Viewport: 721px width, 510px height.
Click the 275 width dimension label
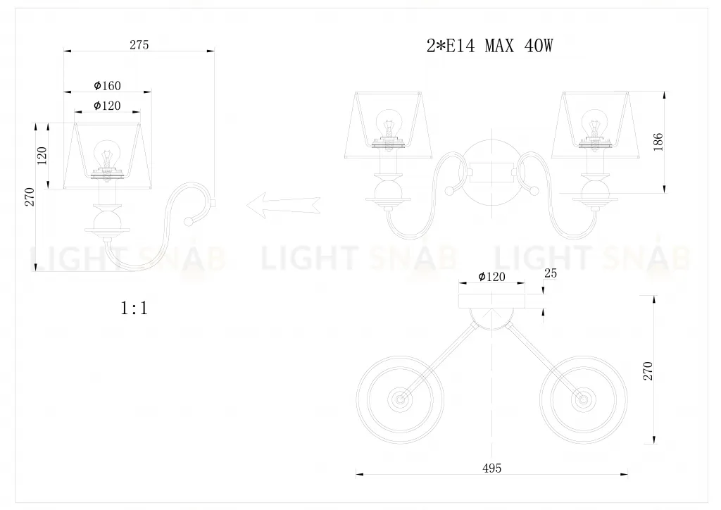tap(139, 45)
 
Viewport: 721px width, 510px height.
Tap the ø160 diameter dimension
tap(107, 86)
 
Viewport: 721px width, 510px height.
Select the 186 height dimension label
tap(658, 142)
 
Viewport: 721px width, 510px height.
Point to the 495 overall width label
tap(493, 468)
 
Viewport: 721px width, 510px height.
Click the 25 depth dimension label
tap(551, 273)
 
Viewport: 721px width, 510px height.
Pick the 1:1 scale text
tap(134, 308)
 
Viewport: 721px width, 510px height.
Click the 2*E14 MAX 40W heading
tap(490, 46)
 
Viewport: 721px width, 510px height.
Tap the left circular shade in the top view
tap(401, 399)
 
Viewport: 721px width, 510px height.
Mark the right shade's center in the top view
tap(583, 399)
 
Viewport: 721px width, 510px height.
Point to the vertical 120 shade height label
tap(42, 156)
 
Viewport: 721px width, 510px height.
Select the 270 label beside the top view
tap(648, 371)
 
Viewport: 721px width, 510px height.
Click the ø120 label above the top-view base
tap(491, 277)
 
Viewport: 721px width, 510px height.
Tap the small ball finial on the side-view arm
tap(187, 222)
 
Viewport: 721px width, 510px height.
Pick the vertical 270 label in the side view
tap(29, 198)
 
